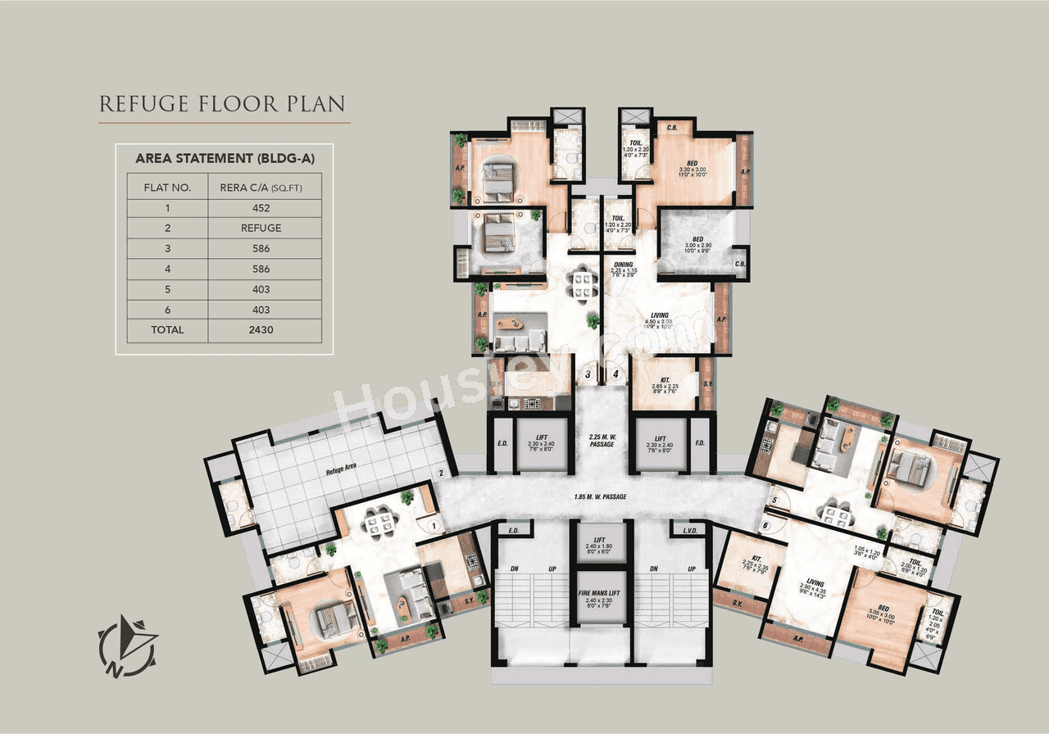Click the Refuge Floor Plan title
click(x=221, y=105)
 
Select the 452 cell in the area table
click(x=264, y=208)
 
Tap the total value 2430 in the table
click(x=264, y=330)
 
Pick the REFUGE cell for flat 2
click(x=264, y=229)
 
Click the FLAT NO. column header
click(x=167, y=188)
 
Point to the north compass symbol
click(x=128, y=645)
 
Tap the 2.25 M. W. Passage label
click(x=601, y=440)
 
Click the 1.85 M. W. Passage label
click(x=601, y=496)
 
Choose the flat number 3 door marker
click(x=588, y=375)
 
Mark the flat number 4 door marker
click(x=615, y=375)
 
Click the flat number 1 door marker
click(x=433, y=527)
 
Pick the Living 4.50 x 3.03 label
click(x=660, y=320)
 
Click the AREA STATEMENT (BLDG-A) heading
click(x=224, y=158)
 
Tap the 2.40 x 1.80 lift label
click(x=601, y=546)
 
